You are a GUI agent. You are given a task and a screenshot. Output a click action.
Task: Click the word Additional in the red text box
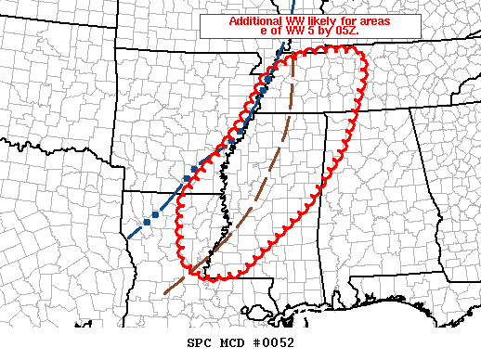click(x=253, y=20)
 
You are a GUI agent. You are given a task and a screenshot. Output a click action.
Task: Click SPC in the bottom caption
click(x=201, y=343)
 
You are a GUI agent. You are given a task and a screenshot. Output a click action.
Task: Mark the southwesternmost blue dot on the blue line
click(x=147, y=223)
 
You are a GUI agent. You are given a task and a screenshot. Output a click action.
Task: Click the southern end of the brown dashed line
click(x=165, y=293)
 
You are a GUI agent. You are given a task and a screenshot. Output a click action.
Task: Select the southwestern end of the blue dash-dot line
click(x=128, y=238)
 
